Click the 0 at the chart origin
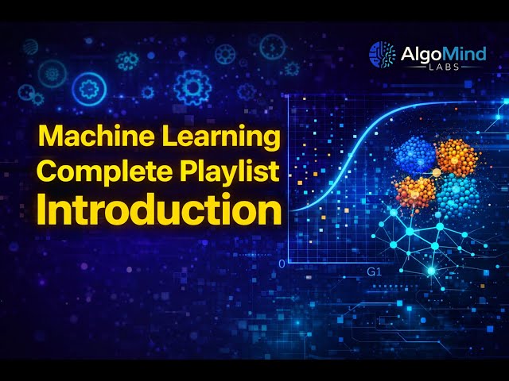point(282,263)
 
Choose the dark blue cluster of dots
point(414,156)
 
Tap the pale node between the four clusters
point(436,172)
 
